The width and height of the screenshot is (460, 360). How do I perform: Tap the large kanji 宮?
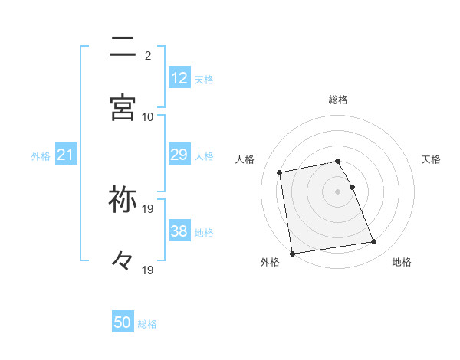123,108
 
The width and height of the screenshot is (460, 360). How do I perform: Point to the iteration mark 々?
123,261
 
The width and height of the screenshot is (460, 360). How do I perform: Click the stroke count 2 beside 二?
148,55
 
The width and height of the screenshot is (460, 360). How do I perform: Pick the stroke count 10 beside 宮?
148,116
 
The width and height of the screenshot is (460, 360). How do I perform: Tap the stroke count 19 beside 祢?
148,208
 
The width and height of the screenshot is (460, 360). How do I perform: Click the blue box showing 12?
179,78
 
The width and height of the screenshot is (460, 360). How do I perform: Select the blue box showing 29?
179,155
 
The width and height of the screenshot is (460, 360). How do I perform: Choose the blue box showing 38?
179,231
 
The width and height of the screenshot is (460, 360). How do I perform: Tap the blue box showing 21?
66,155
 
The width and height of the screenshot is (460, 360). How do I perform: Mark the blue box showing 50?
123,322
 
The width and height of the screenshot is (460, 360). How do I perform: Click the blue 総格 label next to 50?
147,324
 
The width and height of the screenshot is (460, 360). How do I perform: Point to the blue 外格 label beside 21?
41,156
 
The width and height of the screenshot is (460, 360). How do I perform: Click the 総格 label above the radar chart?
338,100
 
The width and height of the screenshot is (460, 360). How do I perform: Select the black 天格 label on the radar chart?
431,159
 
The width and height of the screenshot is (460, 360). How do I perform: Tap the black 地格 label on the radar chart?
402,262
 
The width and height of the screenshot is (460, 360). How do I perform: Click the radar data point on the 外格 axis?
292,253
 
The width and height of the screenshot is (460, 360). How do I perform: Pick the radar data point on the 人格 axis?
280,172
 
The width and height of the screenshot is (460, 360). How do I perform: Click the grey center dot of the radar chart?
338,191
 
